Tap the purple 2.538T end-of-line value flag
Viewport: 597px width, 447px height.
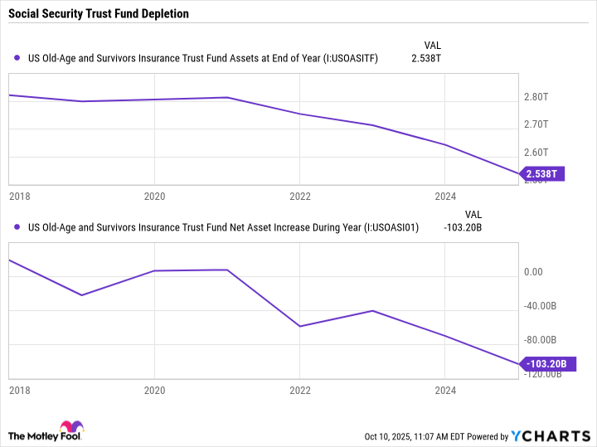point(543,173)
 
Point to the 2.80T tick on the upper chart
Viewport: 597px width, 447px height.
point(537,97)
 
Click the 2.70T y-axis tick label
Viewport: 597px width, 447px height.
point(537,124)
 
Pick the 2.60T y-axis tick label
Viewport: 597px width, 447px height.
point(537,152)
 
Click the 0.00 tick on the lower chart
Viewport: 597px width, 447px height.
point(533,272)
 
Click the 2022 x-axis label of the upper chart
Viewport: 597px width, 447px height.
point(300,197)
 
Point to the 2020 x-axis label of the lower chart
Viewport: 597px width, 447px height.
point(155,389)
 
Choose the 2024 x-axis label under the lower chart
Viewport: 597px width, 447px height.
point(445,389)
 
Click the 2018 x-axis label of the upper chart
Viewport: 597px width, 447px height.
point(18,197)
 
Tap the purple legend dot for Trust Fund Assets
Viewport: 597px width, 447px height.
point(17,58)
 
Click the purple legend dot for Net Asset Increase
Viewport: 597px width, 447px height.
point(17,226)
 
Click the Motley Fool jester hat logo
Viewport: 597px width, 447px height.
point(72,430)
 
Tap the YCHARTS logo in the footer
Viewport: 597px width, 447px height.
point(550,436)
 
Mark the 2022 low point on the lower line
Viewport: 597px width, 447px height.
point(300,326)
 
